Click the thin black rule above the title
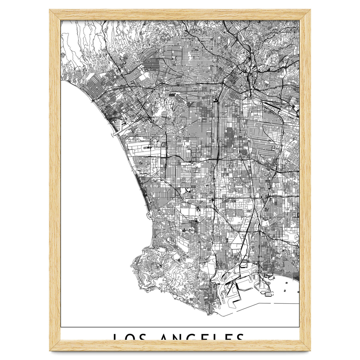180,327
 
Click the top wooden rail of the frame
180,15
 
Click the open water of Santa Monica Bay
96,195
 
